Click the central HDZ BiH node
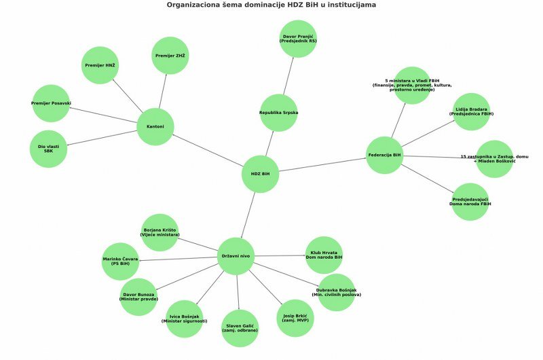[260, 174]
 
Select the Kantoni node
[155, 127]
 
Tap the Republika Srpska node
[278, 112]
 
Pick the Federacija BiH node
[384, 155]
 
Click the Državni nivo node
[236, 256]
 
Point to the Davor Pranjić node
[299, 38]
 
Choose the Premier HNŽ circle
[100, 65]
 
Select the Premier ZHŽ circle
[170, 55]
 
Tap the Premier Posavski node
[51, 103]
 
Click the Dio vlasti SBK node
[48, 149]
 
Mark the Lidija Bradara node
[471, 111]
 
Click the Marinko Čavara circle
[120, 262]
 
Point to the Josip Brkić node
[294, 318]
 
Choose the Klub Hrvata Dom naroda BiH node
[324, 255]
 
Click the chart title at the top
[271, 5]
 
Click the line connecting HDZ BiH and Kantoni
[208, 151]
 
